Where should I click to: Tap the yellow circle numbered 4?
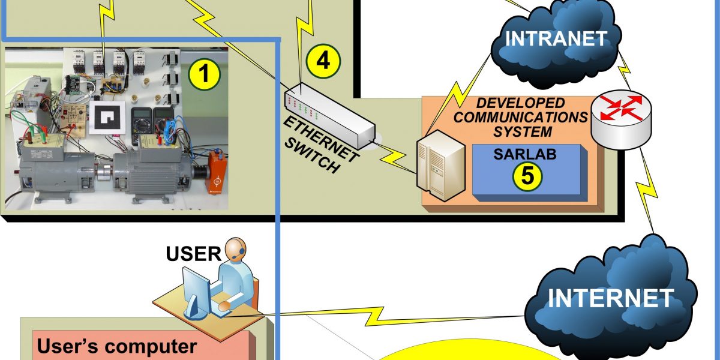coord(323,61)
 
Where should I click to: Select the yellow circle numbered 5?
coord(527,175)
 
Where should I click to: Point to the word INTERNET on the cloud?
coord(611,297)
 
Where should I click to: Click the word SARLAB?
coord(526,154)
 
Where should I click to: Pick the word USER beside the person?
coord(193,254)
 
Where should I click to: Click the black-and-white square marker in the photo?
coord(108,117)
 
